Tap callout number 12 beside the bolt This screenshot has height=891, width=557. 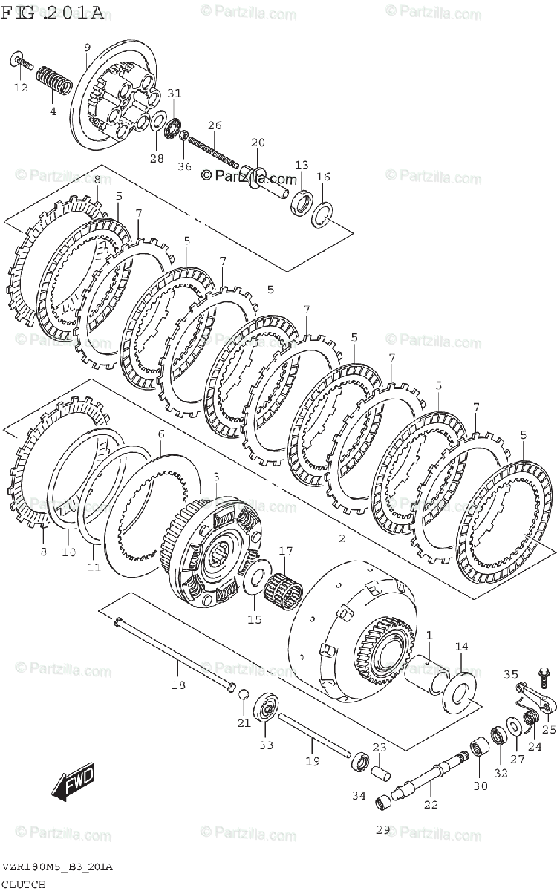click(x=21, y=88)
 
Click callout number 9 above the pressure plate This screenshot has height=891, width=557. click(x=88, y=48)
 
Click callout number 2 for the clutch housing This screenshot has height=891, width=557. click(x=342, y=537)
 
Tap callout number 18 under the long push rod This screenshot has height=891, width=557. click(x=178, y=685)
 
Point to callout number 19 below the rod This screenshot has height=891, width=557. click(x=312, y=760)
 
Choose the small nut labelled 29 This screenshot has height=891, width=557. click(x=382, y=803)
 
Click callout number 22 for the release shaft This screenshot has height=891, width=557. click(x=431, y=804)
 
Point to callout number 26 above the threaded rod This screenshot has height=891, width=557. click(x=215, y=125)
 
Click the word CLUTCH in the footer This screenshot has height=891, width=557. click(x=23, y=884)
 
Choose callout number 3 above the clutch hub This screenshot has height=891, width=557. click(x=215, y=476)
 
